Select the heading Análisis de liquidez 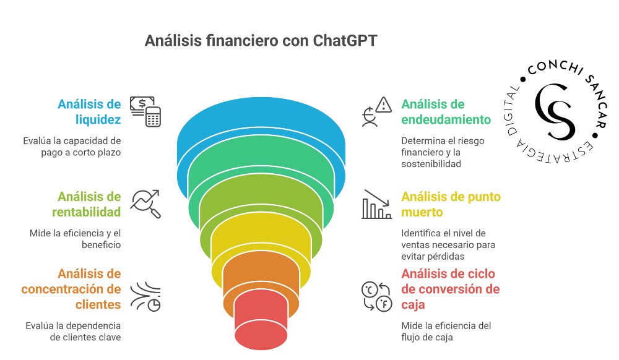pyautogui.click(x=90, y=111)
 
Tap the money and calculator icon pyautogui.click(x=145, y=111)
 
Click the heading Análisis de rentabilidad pyautogui.click(x=89, y=205)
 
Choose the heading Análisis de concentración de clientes pyautogui.click(x=71, y=289)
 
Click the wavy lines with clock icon pyautogui.click(x=145, y=296)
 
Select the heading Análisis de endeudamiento pyautogui.click(x=446, y=111)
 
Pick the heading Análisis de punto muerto pyautogui.click(x=451, y=205)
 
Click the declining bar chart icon pyautogui.click(x=377, y=204)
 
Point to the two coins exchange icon pyautogui.click(x=376, y=296)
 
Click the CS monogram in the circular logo pyautogui.click(x=553, y=111)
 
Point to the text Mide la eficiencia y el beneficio pyautogui.click(x=75, y=239)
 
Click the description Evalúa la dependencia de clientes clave pyautogui.click(x=73, y=332)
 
